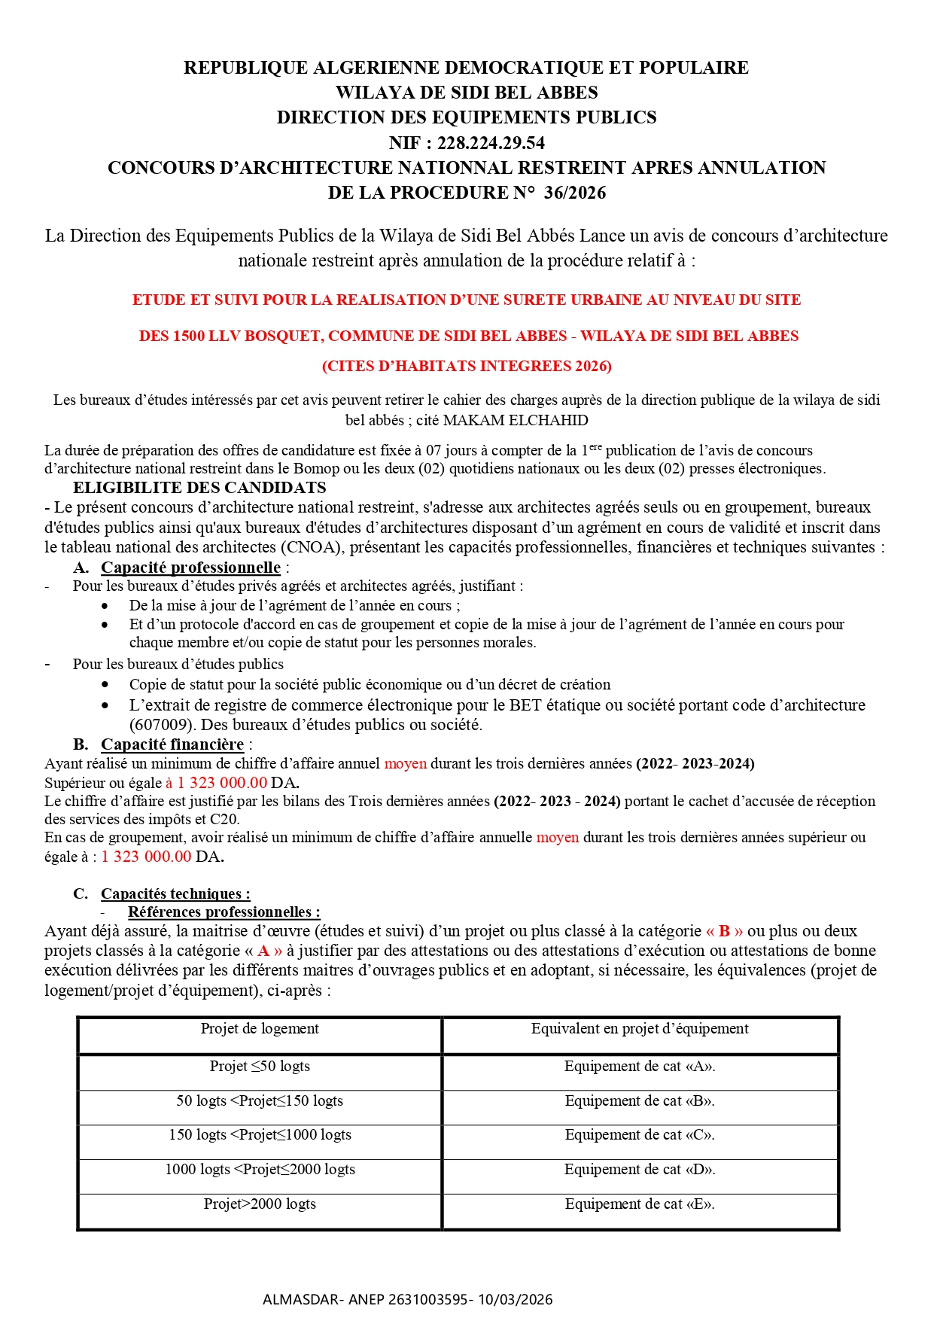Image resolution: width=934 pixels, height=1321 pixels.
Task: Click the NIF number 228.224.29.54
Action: coord(491,143)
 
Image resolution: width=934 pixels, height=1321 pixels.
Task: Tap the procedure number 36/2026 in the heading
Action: coord(575,193)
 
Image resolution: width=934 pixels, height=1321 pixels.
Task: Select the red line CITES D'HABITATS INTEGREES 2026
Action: coord(467,367)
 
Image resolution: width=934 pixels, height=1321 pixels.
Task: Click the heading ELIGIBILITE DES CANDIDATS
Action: coord(199,488)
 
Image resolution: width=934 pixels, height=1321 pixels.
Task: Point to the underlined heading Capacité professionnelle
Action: coord(190,568)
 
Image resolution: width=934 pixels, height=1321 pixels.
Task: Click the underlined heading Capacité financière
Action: coord(172,744)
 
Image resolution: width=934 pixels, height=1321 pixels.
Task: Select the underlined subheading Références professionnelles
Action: coord(224,912)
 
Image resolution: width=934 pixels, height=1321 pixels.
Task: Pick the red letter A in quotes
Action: coord(263,951)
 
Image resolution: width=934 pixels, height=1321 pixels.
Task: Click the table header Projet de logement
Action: coord(260,1029)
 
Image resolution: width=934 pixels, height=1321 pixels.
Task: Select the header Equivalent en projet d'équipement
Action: coord(640,1029)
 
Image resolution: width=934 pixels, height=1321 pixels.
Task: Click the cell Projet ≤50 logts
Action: coord(260,1067)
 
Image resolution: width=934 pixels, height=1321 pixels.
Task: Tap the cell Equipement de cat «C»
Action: coord(640,1135)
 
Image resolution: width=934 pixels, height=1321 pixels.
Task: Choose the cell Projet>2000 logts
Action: coord(260,1204)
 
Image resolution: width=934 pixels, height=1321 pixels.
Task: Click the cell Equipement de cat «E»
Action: coord(640,1204)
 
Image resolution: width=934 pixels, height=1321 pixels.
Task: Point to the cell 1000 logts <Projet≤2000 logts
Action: coord(260,1170)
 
